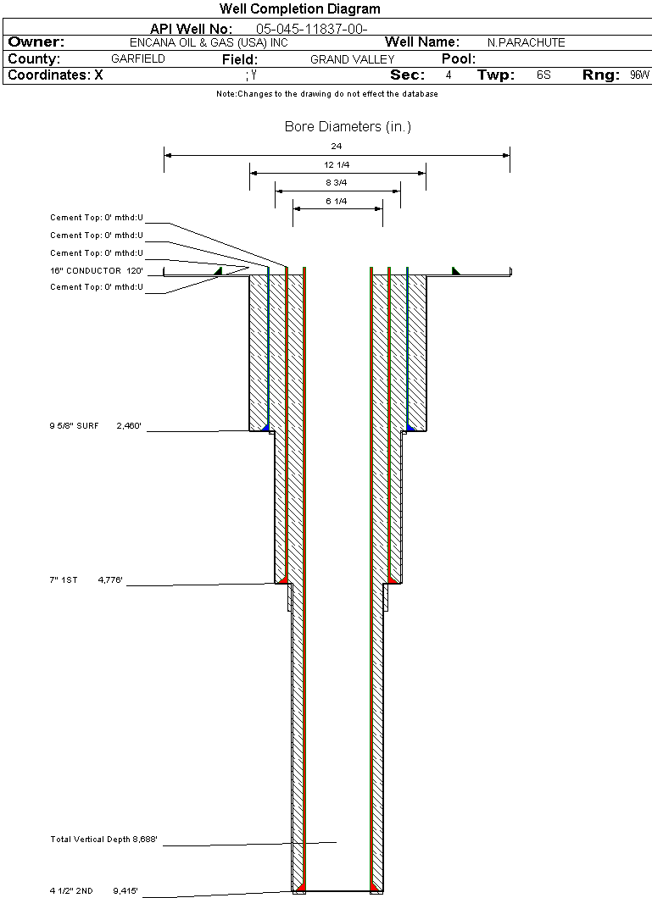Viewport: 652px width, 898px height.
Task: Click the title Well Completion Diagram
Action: (299, 8)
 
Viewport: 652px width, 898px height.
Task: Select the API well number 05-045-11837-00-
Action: (312, 29)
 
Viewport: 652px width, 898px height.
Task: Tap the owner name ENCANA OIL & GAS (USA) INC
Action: (209, 43)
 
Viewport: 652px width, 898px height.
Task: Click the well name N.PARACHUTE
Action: (526, 43)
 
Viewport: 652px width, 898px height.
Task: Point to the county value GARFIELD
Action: (138, 59)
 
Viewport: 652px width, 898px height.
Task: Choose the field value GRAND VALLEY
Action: (353, 59)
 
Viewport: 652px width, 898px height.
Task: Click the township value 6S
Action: (543, 75)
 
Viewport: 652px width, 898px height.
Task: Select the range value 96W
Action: (639, 75)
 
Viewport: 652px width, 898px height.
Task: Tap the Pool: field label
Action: (459, 59)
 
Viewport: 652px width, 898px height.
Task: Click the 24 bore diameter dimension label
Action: (337, 146)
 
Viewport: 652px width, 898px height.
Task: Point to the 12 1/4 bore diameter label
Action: (337, 164)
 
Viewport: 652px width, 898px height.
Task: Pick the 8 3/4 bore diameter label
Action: (337, 183)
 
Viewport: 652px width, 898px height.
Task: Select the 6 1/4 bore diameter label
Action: (337, 201)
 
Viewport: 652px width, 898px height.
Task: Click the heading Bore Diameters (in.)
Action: (348, 126)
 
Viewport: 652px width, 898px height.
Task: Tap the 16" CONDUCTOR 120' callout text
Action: (97, 270)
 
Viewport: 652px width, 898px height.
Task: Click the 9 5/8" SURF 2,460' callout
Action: (95, 425)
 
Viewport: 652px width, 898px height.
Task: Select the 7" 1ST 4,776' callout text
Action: (86, 579)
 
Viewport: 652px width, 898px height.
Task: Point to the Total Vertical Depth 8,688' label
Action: (103, 839)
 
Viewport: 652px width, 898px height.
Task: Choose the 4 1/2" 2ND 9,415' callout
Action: (93, 890)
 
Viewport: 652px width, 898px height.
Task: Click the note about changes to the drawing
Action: (327, 94)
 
